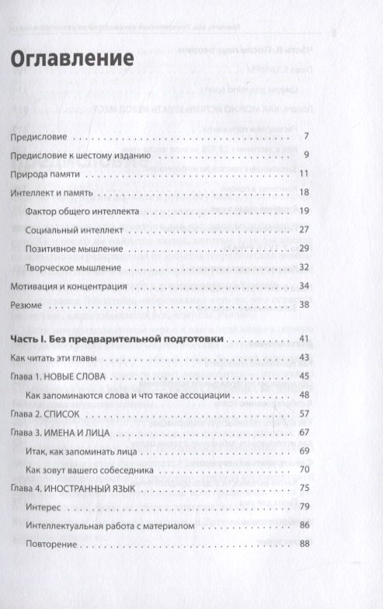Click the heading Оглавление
pyautogui.click(x=71, y=58)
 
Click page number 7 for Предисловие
pyautogui.click(x=307, y=137)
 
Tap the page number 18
pyautogui.click(x=305, y=192)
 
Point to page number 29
pyautogui.click(x=305, y=249)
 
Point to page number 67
pyautogui.click(x=305, y=433)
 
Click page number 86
pyautogui.click(x=305, y=526)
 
